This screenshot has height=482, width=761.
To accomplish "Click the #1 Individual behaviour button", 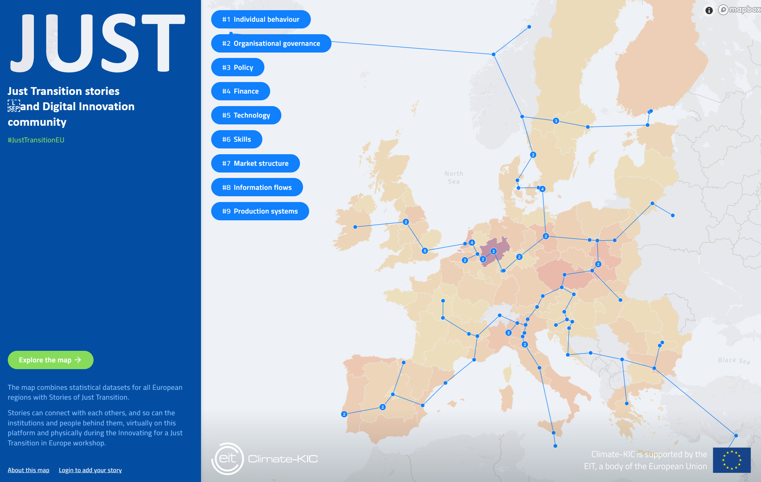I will point(261,19).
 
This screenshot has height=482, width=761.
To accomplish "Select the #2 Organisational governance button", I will point(271,43).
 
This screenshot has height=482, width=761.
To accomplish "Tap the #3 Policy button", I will point(238,67).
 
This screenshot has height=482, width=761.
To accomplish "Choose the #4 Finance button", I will point(240,91).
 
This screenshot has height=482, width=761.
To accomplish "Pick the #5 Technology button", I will point(246,115).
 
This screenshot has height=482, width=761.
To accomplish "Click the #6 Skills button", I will point(237,139).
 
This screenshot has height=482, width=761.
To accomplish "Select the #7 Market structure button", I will point(255,163).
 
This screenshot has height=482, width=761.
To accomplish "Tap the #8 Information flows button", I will point(257,187).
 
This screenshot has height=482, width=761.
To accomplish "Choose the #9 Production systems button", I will point(260,211).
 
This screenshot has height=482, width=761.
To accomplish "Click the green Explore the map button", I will point(51,360).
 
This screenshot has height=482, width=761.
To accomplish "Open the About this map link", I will point(28,470).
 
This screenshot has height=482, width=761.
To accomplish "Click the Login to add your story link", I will point(90,470).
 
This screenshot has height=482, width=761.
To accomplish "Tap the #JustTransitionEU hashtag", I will point(36,140).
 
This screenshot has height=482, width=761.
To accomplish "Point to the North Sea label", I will point(454,178).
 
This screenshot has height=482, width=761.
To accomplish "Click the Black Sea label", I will point(734,361).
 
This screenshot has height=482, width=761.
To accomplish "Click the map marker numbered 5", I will point(425,251).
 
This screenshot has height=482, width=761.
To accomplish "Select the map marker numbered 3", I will point(556,121).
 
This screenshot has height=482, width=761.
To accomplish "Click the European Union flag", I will point(732,460).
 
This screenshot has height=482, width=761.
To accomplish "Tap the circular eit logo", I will point(228,459).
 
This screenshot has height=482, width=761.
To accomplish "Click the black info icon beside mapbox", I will point(709,11).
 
